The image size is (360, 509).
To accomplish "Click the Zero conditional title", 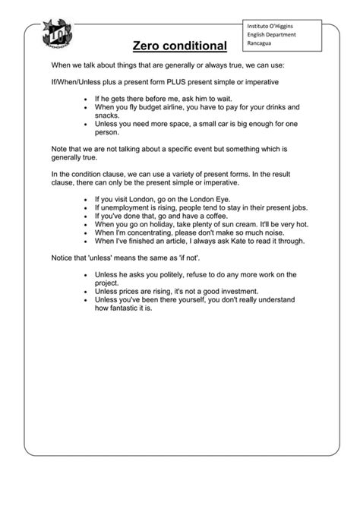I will point(180,47).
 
